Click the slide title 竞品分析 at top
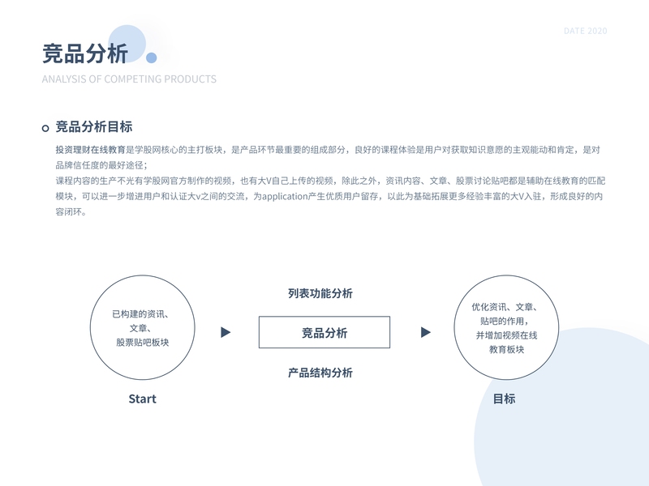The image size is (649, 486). point(85,53)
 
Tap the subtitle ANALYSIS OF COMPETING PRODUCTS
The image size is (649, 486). point(129,79)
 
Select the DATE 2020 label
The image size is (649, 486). point(585,31)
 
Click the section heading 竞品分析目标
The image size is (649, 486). point(94,127)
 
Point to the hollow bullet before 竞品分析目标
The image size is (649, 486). point(45,128)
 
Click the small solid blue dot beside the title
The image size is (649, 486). point(151,58)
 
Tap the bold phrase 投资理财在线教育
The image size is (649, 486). point(89,150)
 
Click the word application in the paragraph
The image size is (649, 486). point(290,197)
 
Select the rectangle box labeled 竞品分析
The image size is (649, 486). point(324,333)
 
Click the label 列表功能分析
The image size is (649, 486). point(320,294)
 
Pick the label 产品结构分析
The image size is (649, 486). point(320,373)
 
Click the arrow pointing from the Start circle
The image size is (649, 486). point(226,332)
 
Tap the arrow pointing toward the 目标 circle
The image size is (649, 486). point(425,332)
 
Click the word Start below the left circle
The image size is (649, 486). point(142,399)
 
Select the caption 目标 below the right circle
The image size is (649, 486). point(504,399)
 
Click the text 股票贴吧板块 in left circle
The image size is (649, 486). point(143,343)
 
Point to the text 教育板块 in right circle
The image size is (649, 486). point(506,349)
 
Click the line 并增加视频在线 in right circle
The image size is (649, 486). point(506,335)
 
